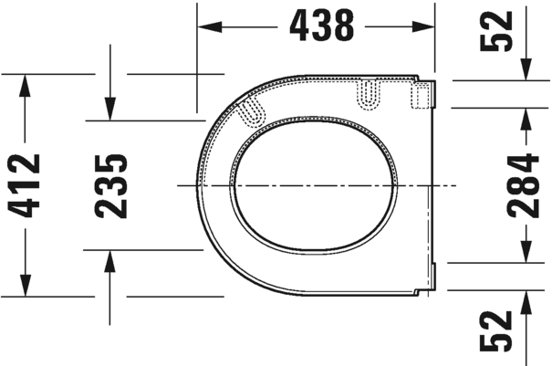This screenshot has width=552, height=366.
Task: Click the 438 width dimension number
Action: (x=321, y=26)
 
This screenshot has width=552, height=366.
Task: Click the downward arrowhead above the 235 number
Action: (x=109, y=109)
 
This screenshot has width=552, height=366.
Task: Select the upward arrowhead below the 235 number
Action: (x=109, y=259)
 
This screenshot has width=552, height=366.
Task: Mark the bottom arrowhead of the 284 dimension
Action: (x=526, y=252)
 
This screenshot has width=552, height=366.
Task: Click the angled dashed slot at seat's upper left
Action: (x=252, y=110)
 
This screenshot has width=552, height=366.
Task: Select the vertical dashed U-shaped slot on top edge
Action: (x=369, y=93)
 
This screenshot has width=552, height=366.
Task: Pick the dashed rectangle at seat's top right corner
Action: (x=422, y=94)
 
